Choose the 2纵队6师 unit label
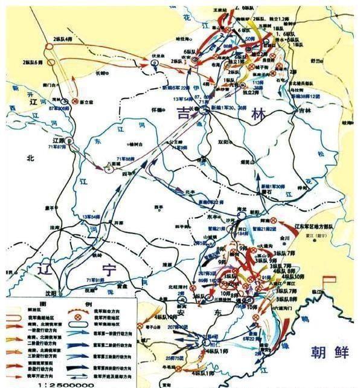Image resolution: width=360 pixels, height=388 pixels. (x=33, y=62)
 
